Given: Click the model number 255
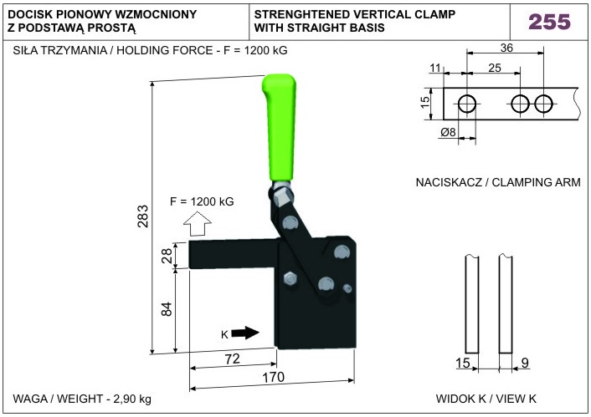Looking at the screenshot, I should pyautogui.click(x=548, y=21).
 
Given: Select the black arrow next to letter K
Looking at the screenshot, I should pyautogui.click(x=244, y=333).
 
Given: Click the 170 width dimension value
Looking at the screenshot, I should pyautogui.click(x=275, y=377).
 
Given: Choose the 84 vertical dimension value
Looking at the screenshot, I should pyautogui.click(x=166, y=309).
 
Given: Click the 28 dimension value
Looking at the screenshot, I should pyautogui.click(x=166, y=256).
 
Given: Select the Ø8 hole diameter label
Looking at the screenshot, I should pyautogui.click(x=448, y=133).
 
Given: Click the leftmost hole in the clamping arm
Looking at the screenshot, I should pyautogui.click(x=467, y=104).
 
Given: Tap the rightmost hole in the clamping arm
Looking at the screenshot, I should pyautogui.click(x=544, y=104).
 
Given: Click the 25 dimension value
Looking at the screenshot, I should pyautogui.click(x=493, y=67).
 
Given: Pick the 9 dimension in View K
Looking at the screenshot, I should pyautogui.click(x=525, y=363).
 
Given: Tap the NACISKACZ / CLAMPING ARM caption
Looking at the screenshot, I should pyautogui.click(x=498, y=182).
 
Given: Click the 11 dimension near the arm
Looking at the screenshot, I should pyautogui.click(x=434, y=67).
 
